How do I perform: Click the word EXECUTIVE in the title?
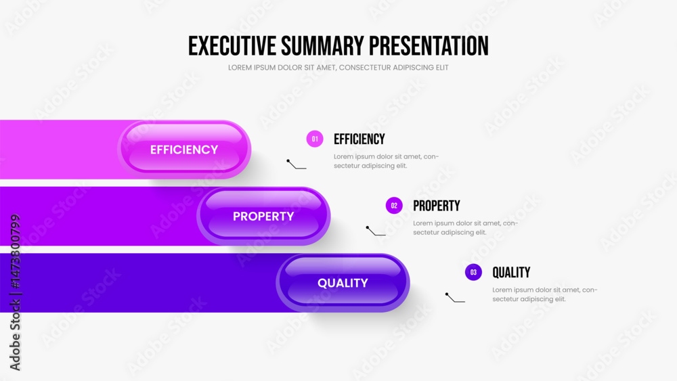232,46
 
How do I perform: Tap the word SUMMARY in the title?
323,46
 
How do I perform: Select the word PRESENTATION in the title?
429,46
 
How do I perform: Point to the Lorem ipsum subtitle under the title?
338,67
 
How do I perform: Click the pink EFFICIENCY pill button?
184,150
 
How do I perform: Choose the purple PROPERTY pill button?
263,216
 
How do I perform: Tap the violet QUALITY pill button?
343,283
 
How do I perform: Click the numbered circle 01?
315,139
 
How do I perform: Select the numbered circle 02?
394,206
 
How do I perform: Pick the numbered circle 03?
473,272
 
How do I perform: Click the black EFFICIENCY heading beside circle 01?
359,139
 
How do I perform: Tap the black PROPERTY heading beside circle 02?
437,206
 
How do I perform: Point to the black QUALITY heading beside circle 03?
511,272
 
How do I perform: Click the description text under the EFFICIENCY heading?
386,161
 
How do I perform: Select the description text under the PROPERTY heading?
466,228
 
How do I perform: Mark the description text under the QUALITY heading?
545,294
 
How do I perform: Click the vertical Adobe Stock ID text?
15,292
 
